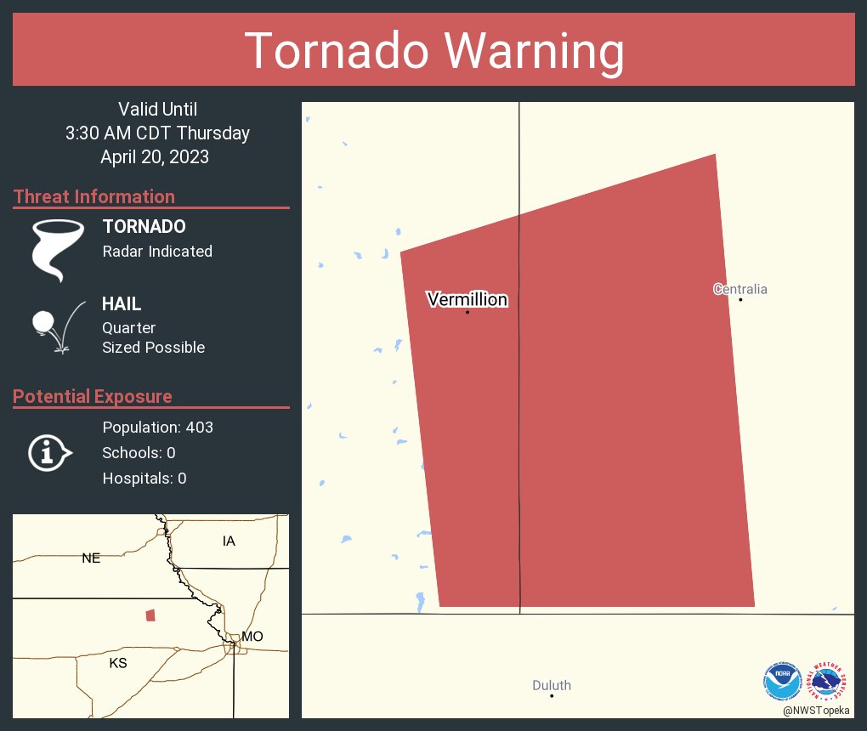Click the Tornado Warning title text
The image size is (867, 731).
(x=434, y=51)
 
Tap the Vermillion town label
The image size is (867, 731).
(x=467, y=299)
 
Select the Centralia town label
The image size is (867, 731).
(x=740, y=289)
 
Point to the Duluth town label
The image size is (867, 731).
(x=552, y=685)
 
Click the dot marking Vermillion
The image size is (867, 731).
(x=467, y=312)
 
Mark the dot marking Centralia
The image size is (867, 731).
(x=741, y=299)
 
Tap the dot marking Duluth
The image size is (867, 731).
(x=552, y=696)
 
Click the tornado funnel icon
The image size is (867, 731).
(x=57, y=250)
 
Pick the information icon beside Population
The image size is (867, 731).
(x=49, y=453)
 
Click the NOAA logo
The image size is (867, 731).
(x=782, y=680)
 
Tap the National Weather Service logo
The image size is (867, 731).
(x=828, y=680)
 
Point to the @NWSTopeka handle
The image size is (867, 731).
(x=818, y=711)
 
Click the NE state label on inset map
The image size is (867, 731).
(x=91, y=558)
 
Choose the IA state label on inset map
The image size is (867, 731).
(x=229, y=541)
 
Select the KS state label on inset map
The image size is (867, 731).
(x=118, y=663)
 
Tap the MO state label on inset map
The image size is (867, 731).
(x=252, y=636)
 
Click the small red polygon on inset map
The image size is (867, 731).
(x=150, y=615)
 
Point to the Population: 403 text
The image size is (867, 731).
(x=157, y=428)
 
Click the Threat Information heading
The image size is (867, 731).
(x=94, y=196)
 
